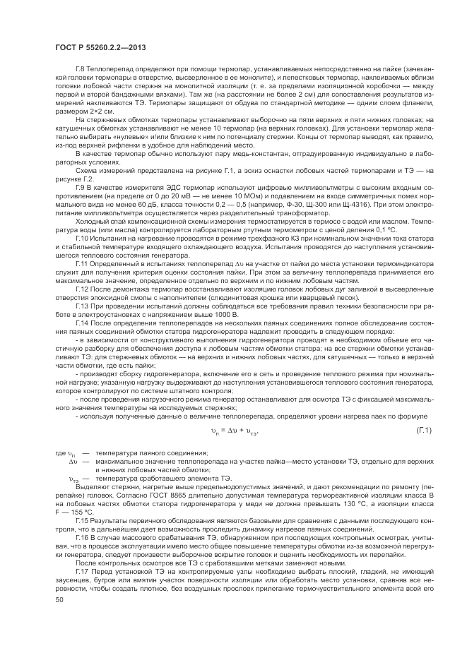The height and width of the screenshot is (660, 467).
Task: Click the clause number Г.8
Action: coord(80,69)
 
